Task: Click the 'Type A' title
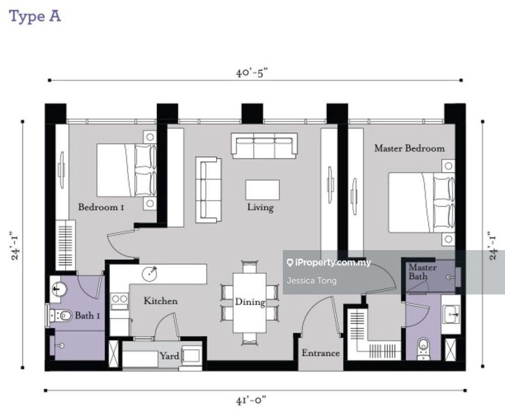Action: click(35, 17)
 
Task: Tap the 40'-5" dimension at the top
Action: click(251, 73)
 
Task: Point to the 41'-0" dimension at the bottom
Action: click(251, 400)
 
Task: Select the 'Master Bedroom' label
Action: click(410, 148)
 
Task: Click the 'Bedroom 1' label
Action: click(101, 207)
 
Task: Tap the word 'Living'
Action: click(260, 207)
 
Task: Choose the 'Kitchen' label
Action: click(161, 301)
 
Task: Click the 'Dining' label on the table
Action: click(250, 302)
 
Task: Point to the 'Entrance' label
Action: click(321, 352)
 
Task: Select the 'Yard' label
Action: click(169, 355)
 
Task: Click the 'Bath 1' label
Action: click(87, 316)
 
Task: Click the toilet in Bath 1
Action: click(61, 316)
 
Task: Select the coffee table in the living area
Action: click(262, 190)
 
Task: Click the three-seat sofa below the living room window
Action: click(264, 146)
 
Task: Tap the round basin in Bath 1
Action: click(58, 289)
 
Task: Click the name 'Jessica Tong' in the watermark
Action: click(312, 281)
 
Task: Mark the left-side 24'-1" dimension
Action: click(15, 246)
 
